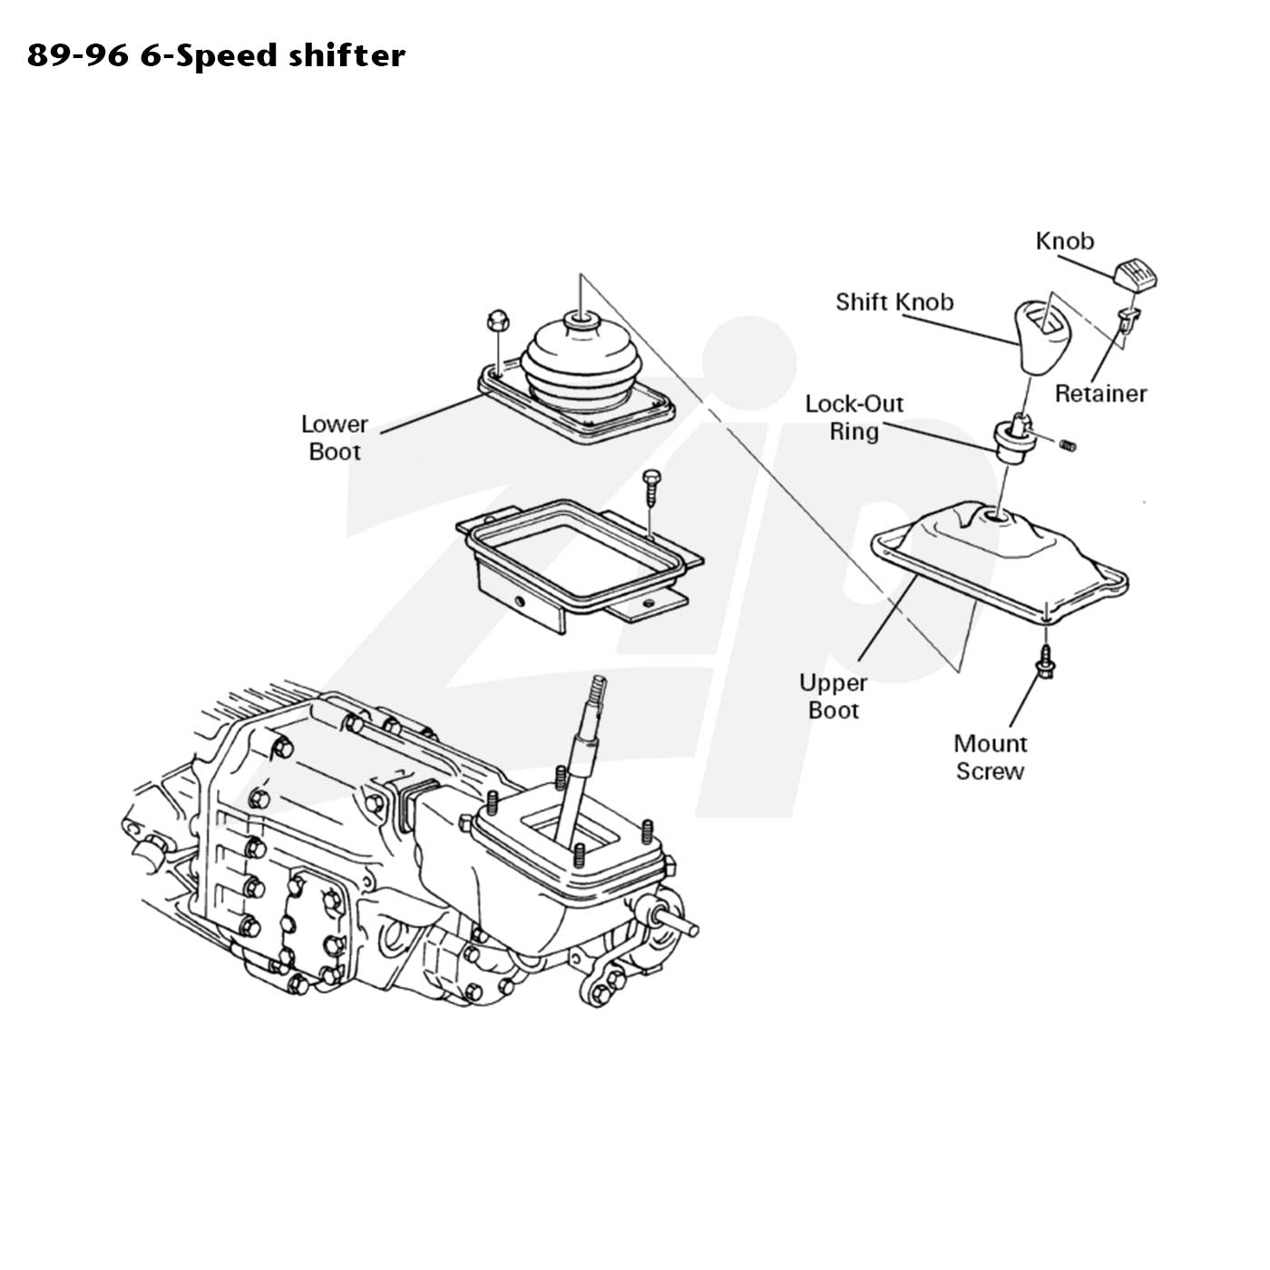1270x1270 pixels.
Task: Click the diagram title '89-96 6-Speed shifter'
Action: coord(216,56)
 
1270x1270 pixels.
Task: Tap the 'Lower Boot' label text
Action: coord(334,437)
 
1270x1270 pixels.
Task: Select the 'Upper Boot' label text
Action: coord(833,697)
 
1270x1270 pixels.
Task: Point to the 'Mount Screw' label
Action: coord(990,757)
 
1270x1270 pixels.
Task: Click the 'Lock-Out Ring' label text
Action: coord(855,418)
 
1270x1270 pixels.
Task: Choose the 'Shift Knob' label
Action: coord(894,302)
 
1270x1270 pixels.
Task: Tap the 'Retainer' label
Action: coord(1100,394)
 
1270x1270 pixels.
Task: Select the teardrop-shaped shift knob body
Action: coord(1040,337)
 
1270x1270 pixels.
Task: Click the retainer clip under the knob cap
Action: coord(1128,319)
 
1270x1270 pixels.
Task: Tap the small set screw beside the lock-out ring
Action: coord(1068,445)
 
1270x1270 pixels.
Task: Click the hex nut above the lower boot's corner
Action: coord(495,321)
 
